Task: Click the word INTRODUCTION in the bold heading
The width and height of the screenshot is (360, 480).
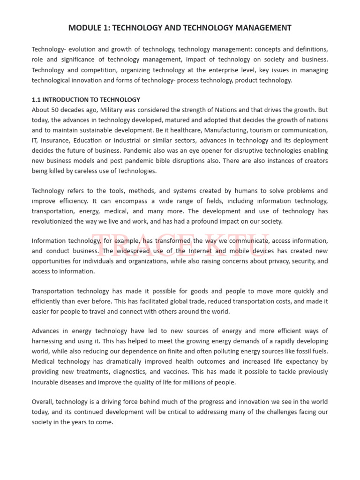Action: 67,99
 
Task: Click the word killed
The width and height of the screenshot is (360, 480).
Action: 63,171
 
